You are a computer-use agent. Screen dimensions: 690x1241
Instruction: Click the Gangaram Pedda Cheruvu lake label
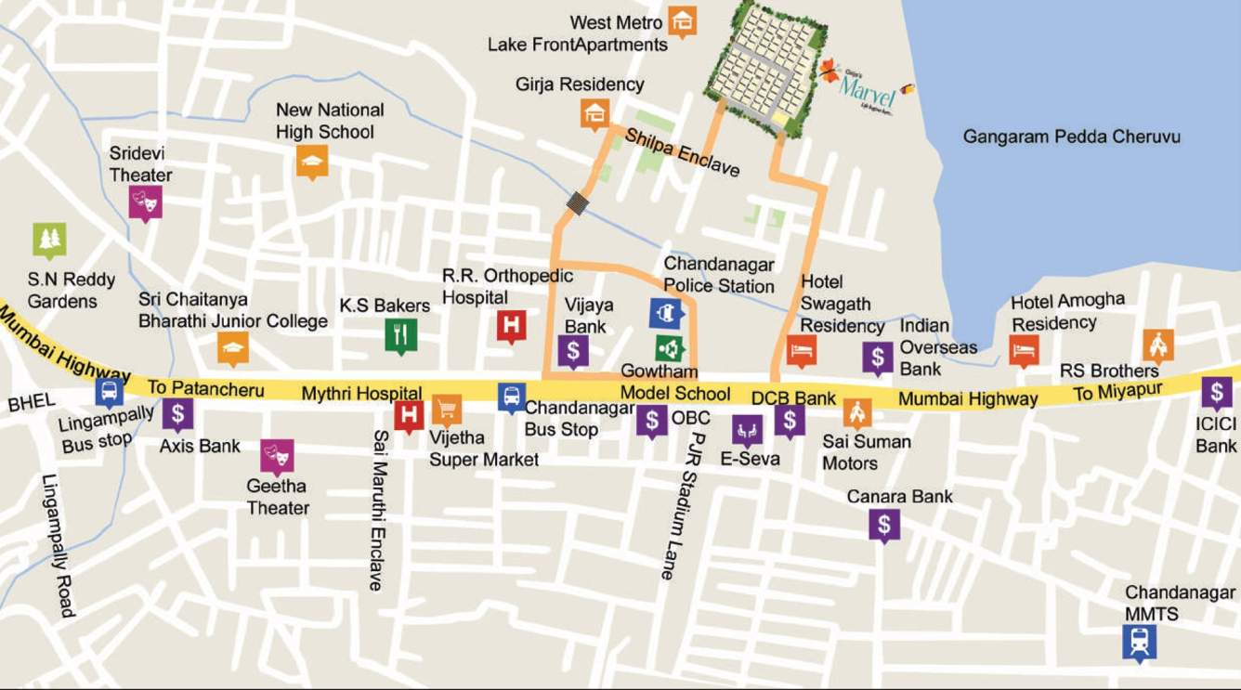[x=1071, y=137]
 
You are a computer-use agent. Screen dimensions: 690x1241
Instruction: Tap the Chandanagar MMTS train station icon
[x=1139, y=641]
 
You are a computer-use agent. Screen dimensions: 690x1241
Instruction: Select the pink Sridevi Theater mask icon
[x=146, y=202]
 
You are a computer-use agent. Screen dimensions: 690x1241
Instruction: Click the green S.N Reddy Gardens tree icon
[x=49, y=240]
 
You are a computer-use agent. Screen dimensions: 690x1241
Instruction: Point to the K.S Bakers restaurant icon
[x=400, y=335]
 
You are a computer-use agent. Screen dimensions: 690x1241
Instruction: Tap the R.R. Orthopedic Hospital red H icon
[x=511, y=325]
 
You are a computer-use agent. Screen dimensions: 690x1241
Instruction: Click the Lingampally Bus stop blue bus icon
[x=109, y=391]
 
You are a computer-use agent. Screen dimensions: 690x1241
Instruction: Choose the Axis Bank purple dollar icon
[x=177, y=413]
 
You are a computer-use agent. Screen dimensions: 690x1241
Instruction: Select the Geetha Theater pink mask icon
[x=277, y=455]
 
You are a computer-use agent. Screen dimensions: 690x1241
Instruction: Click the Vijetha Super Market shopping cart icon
[x=447, y=409]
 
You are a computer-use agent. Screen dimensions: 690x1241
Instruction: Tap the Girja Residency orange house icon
[x=594, y=113]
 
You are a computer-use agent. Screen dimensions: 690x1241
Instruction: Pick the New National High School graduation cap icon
[x=312, y=163]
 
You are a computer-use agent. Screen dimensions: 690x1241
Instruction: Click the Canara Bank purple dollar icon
[x=883, y=525]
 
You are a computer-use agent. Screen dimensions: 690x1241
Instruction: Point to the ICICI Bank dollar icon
[x=1216, y=393]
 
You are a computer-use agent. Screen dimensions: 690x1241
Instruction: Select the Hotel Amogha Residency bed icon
[x=1024, y=350]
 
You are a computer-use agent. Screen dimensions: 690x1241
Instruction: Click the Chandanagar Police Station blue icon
[x=666, y=313]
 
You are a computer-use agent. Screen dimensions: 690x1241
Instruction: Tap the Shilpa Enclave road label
[x=683, y=152]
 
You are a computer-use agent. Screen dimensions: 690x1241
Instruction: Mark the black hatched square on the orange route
[x=578, y=203]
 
